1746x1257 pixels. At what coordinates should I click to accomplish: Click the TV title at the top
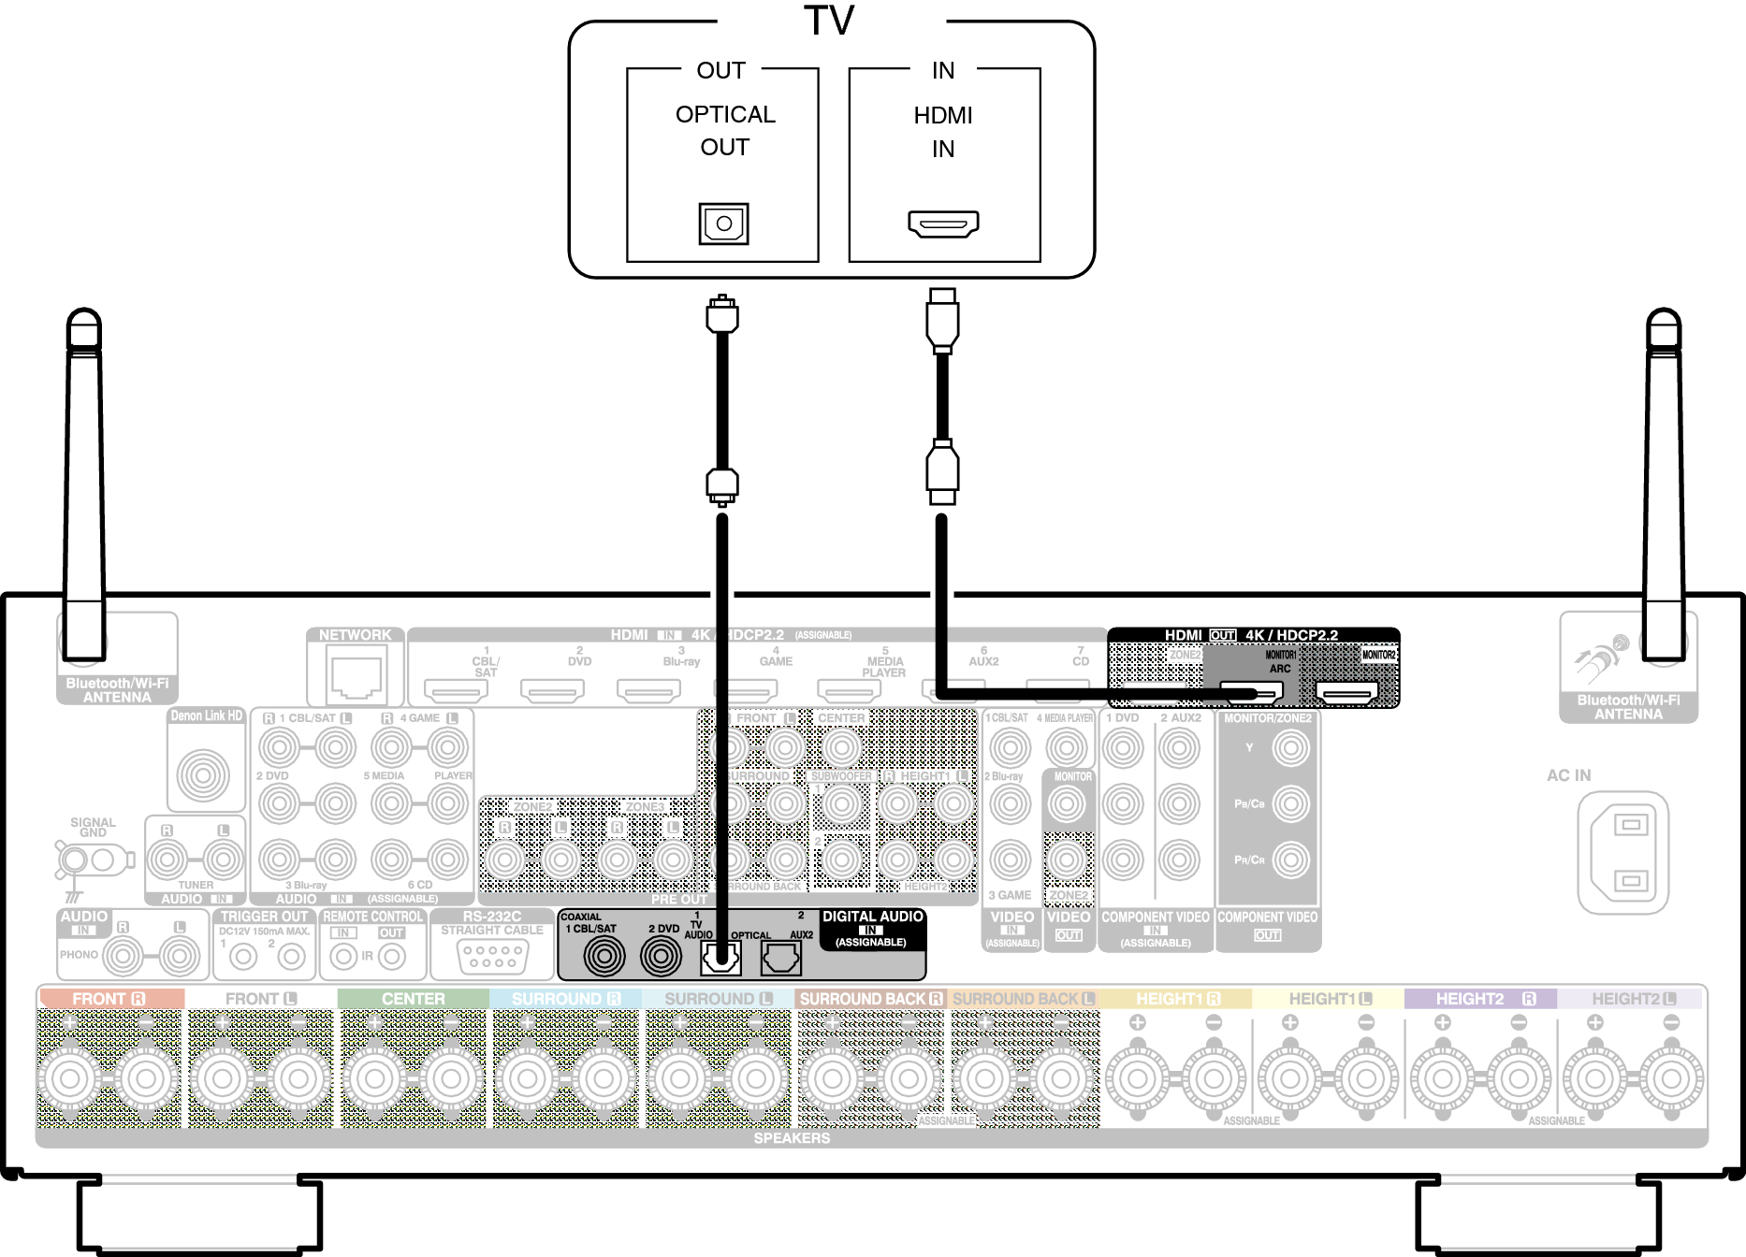coord(829,21)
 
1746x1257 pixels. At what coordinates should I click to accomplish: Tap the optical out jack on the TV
coord(723,224)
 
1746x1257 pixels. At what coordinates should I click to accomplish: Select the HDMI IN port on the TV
coord(943,224)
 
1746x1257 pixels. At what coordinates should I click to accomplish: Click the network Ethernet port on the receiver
coord(356,676)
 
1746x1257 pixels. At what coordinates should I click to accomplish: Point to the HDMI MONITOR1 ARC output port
coord(1251,693)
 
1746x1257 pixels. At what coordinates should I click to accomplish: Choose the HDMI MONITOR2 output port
coord(1346,693)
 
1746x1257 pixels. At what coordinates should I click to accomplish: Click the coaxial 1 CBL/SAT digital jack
coord(604,956)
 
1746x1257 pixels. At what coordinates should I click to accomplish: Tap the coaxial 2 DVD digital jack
coord(661,956)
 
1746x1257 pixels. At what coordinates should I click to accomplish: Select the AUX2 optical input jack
coord(780,957)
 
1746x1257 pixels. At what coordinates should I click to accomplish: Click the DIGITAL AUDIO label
coord(872,917)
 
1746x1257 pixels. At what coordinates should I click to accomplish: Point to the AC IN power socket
coord(1622,853)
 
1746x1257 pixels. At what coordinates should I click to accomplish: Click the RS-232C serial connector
coord(492,956)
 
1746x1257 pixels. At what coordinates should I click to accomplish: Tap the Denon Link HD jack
coord(203,773)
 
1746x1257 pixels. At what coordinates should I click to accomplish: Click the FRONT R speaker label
coord(109,999)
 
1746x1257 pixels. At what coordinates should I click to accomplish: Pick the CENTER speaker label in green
coord(413,999)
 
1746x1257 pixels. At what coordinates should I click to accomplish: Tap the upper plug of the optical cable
coord(721,314)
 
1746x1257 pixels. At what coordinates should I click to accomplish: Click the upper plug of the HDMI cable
coord(942,319)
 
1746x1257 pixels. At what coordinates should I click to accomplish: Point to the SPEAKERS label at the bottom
coord(792,1138)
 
